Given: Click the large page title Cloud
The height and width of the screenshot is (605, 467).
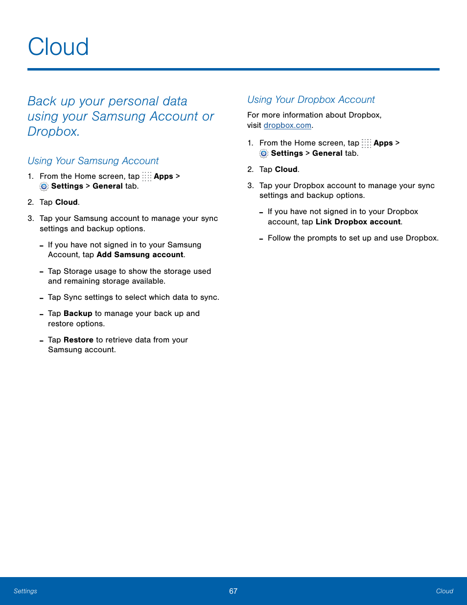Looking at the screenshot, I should point(58,47).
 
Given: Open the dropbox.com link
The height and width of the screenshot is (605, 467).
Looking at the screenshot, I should point(287,125).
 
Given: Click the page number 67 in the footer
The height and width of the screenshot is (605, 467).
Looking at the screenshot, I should point(233,591).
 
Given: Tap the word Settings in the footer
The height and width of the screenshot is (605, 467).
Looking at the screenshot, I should point(25,591).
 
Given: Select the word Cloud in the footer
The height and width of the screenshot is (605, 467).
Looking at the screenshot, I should point(444,591).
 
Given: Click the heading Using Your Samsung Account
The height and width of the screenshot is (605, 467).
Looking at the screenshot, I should point(93,161).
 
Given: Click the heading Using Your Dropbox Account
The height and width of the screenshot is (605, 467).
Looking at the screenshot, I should point(311,100).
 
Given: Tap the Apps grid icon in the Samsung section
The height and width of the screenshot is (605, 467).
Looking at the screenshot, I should point(147,176).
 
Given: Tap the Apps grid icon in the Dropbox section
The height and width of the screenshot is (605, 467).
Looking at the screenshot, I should point(366,143).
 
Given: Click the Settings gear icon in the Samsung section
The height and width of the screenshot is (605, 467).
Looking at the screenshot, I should point(44,187).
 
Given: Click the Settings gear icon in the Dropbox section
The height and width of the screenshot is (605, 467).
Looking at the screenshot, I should point(264,154).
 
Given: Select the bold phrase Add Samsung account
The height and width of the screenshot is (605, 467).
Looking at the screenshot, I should point(140,255).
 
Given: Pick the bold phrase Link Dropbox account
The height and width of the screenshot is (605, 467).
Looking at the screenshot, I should point(358,222).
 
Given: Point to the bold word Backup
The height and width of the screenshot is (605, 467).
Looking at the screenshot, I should point(78,314).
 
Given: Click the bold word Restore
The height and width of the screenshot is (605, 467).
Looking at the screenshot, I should point(78,340).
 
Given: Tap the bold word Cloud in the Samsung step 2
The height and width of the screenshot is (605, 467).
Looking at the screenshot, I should point(67,202).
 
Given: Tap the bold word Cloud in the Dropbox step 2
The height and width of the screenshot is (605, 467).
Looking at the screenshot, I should point(286,169).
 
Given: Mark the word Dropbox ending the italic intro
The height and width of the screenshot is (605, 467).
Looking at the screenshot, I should point(52,132).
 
